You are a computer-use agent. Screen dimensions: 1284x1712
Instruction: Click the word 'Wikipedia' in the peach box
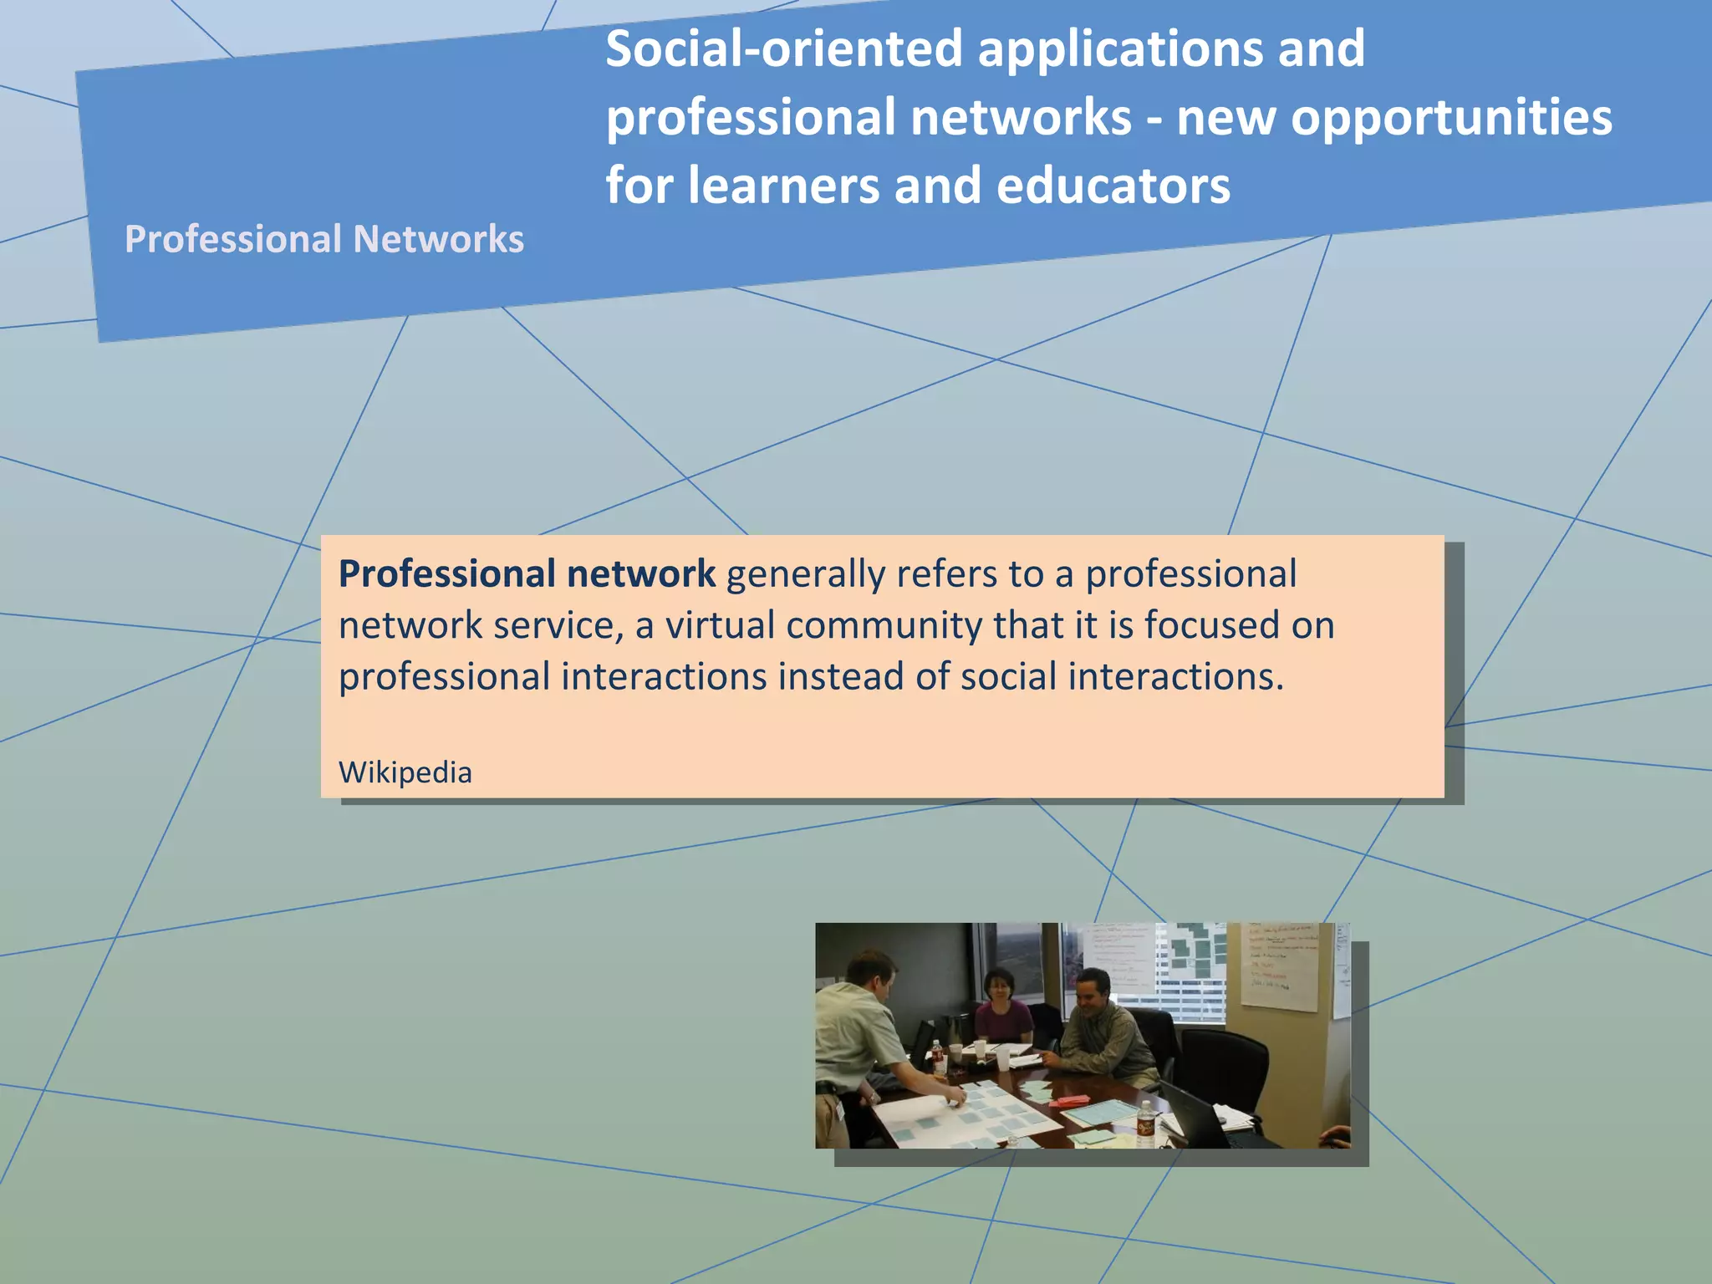tap(405, 772)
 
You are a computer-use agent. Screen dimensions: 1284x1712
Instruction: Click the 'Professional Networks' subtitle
tap(324, 239)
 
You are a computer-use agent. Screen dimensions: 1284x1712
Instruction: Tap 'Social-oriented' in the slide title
tap(783, 48)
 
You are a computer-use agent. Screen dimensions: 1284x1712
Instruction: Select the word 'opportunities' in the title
tap(1451, 117)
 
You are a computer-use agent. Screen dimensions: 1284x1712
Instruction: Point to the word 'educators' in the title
tap(1113, 186)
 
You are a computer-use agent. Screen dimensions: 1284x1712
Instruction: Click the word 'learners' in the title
tap(784, 186)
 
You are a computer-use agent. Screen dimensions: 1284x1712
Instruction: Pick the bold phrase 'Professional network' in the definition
tap(527, 574)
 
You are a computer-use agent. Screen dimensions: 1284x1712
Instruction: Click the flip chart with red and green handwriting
tap(1279, 966)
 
